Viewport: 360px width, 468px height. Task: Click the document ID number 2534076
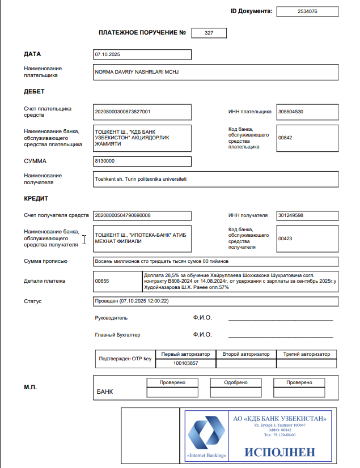click(x=307, y=11)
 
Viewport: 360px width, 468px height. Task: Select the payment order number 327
click(x=209, y=33)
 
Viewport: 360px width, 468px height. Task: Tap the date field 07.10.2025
click(x=107, y=54)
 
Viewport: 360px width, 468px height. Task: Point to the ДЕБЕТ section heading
click(x=34, y=91)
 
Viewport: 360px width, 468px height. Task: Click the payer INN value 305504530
click(x=291, y=112)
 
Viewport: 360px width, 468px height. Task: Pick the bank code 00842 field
click(x=285, y=138)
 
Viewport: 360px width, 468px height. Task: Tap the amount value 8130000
click(x=105, y=161)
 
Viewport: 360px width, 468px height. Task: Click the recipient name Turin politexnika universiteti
click(x=141, y=179)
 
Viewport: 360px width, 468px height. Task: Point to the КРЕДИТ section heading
click(x=36, y=198)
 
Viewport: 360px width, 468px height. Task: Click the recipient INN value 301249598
click(x=291, y=215)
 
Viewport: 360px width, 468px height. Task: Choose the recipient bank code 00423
click(x=285, y=239)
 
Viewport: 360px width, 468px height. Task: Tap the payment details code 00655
click(x=101, y=281)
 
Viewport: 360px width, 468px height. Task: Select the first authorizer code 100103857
click(x=185, y=363)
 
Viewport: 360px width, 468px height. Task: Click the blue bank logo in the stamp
click(x=206, y=435)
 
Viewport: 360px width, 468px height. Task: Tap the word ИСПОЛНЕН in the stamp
click(x=280, y=452)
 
